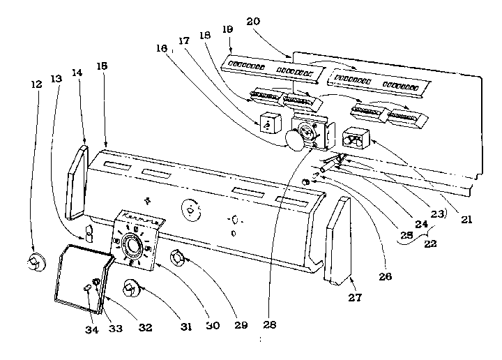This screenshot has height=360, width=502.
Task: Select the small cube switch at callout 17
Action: pyautogui.click(x=268, y=123)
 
